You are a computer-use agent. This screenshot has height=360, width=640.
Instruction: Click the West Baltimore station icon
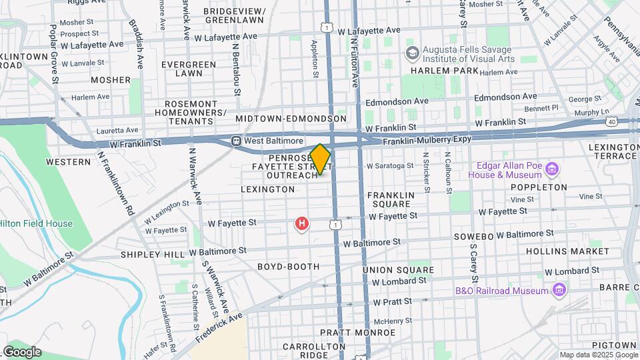click(236, 141)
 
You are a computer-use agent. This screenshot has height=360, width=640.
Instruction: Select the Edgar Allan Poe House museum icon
click(551, 169)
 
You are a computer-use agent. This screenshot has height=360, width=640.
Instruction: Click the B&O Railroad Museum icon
click(559, 290)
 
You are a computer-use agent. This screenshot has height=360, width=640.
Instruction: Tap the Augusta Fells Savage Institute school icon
click(412, 52)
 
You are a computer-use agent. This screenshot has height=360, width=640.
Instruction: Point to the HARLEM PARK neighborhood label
click(445, 71)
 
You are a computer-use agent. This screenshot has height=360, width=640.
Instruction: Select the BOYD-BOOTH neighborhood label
click(289, 267)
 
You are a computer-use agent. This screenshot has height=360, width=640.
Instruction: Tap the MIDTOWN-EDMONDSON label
click(291, 119)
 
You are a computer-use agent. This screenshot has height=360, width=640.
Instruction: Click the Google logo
click(22, 352)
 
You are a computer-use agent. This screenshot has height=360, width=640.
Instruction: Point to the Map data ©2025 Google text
click(598, 355)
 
